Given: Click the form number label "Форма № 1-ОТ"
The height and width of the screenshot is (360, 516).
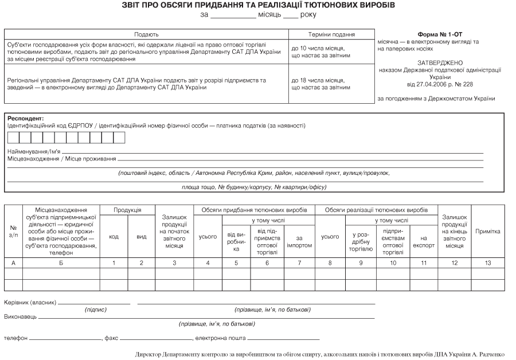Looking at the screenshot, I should pos(440,34).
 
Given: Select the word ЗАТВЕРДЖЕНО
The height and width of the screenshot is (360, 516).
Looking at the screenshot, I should pos(440,62).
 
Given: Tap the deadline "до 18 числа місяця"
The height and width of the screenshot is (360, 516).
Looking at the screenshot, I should pos(318,80).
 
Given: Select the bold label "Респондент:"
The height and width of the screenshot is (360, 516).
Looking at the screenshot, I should pos(26,118).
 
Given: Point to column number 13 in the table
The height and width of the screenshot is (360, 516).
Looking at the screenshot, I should pos(488,263).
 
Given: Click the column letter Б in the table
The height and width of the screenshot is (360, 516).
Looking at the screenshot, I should pos(61,263).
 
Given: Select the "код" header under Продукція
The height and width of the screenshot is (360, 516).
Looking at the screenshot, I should pos(114,237).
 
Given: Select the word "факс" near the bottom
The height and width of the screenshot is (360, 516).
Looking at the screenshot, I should pos(111,338).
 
